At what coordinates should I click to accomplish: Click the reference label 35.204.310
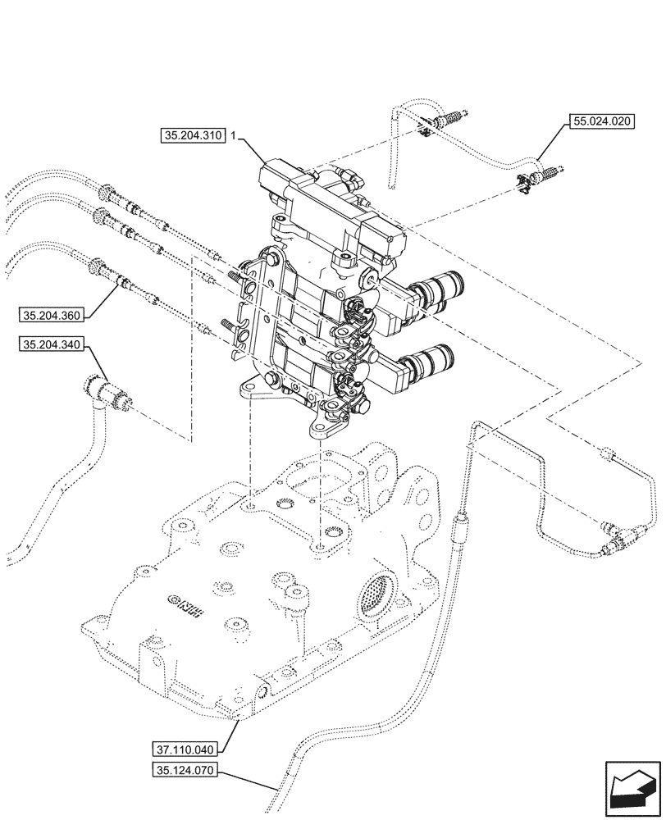pyautogui.click(x=193, y=137)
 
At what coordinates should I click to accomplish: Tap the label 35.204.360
pyautogui.click(x=51, y=314)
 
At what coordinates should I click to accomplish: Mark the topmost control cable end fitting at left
pyautogui.click(x=107, y=194)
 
